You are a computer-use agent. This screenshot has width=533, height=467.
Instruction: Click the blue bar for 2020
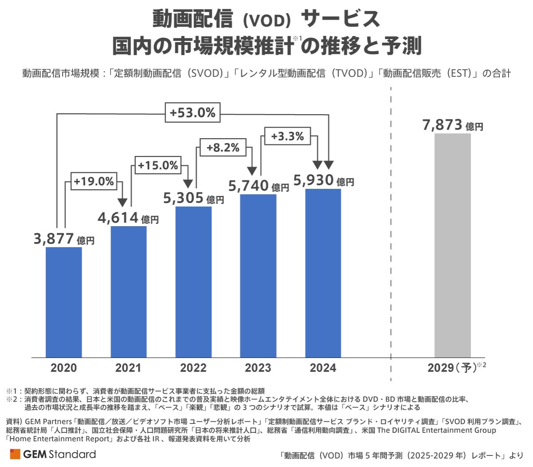tap(64, 302)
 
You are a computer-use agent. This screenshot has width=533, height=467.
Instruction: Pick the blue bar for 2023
tap(258, 275)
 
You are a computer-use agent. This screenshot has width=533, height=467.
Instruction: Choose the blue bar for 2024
tap(323, 273)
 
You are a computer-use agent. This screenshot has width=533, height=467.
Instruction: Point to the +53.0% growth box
tap(193, 113)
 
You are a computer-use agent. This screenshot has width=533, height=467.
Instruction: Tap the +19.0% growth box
tap(94, 182)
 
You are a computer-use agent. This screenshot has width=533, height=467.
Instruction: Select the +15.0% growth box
tap(158, 166)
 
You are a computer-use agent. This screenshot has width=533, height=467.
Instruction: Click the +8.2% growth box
tap(223, 148)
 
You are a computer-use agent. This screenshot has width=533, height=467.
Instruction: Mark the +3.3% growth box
tap(287, 136)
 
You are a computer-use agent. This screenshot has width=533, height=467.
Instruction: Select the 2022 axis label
tap(193, 368)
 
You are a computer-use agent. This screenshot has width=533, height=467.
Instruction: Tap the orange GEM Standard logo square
tap(15, 454)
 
